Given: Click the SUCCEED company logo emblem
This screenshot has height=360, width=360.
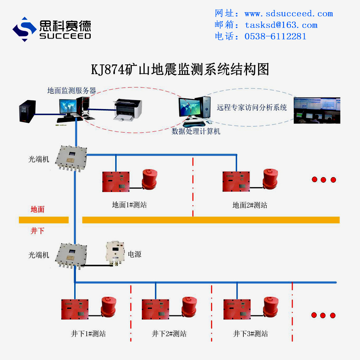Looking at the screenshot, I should click(x=24, y=29).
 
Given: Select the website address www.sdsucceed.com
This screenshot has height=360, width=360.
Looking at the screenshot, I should click(x=288, y=14).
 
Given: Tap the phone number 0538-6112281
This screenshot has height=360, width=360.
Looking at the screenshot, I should click(x=275, y=36).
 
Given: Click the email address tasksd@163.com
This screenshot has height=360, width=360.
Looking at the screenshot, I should click(x=281, y=25).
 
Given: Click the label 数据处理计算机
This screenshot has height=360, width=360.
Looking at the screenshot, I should click(x=196, y=132).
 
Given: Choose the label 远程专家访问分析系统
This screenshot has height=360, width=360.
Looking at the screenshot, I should click(x=252, y=107).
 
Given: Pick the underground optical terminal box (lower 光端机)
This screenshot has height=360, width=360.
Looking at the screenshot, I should click(x=71, y=255).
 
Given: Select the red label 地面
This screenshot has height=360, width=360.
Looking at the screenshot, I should click(x=37, y=209).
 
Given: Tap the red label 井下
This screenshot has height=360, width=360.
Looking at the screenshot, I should click(x=37, y=231).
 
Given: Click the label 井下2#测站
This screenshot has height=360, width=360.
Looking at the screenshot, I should click(x=169, y=334).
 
